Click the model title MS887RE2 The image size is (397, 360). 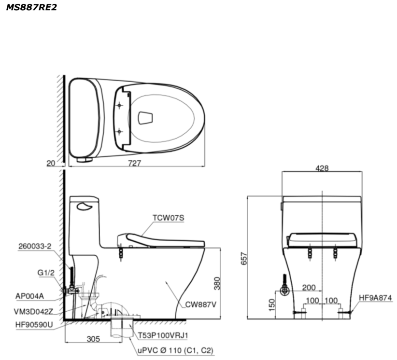31,7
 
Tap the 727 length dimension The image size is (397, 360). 134,163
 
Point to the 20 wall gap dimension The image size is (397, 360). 51,164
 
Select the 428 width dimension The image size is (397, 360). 322,168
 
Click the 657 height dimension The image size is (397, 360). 243,258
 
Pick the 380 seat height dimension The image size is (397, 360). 217,283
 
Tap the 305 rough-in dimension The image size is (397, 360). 93,339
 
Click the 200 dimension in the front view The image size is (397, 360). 309,288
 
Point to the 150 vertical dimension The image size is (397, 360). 271,305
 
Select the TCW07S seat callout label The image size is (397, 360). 169,218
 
